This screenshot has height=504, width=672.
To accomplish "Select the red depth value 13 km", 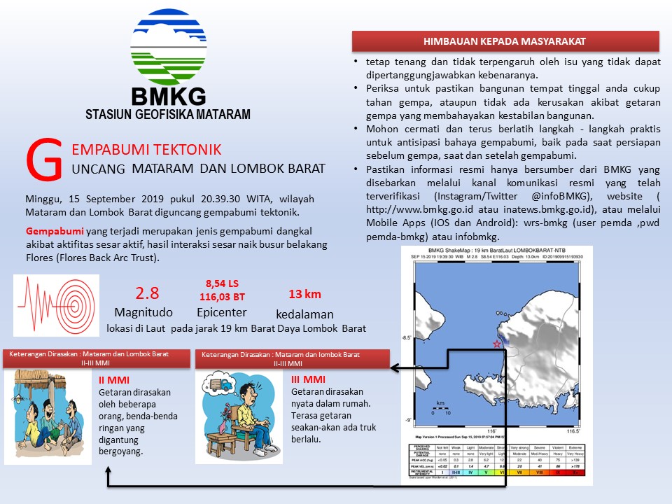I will (304, 294).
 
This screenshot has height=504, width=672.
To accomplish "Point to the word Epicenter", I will (221, 312).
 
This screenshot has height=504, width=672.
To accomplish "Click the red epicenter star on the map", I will (498, 344).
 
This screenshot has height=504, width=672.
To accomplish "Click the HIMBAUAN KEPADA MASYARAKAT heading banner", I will (505, 41).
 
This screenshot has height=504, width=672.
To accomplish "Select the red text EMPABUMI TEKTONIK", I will (147, 149).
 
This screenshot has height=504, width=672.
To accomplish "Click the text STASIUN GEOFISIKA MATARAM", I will (168, 114).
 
